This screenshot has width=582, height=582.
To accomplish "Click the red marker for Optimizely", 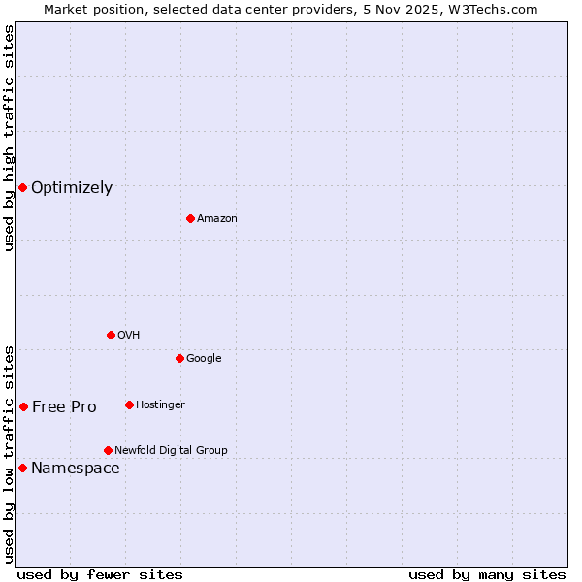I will coord(22,187).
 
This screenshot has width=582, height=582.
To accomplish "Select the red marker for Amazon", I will coord(190,218).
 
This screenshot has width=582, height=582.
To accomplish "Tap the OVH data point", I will coord(111,335).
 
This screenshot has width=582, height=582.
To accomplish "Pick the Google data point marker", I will coord(179,358).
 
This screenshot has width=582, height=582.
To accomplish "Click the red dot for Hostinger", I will coord(129,404).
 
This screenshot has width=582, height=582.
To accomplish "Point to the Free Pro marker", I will coord(23,406).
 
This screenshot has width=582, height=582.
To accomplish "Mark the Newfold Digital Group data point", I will coord(108,450).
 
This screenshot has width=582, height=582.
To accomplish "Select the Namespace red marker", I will coord(22,468).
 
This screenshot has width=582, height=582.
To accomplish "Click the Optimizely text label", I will coord(72,188).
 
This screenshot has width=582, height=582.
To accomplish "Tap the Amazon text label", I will coord(217,219).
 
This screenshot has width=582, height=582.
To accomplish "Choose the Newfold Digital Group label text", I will coord(171,450).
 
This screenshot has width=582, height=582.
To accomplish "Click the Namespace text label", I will coord(76,469).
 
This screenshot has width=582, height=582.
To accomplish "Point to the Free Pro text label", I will coord(64,407).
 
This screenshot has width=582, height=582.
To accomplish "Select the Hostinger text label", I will coord(160,404).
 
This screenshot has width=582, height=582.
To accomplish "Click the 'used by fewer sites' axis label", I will coord(100,575).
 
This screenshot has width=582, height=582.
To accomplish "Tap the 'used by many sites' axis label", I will coord(487,575).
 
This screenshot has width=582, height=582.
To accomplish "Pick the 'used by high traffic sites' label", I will coord(9,138).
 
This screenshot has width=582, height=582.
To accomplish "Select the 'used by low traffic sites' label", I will coord(9,454).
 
